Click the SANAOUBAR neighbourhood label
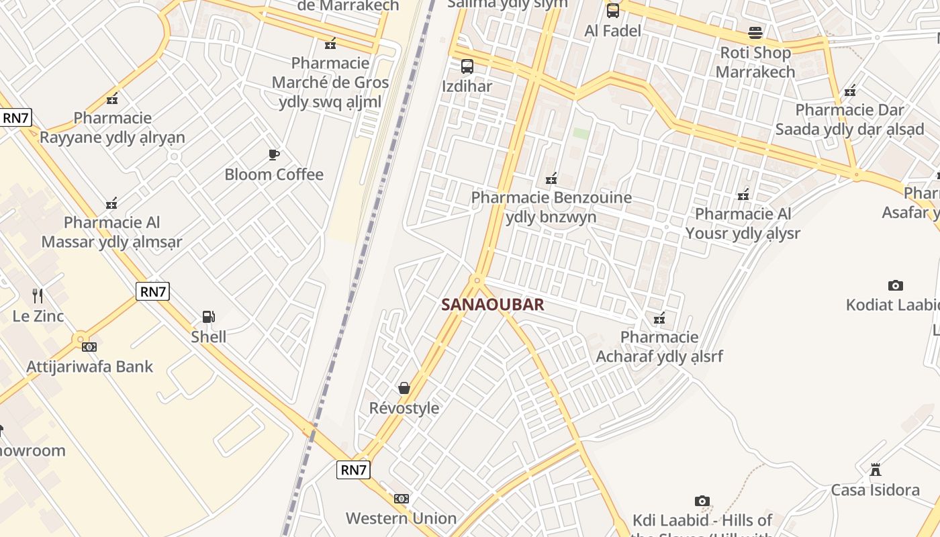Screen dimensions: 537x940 492,305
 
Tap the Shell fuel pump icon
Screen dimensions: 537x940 209,317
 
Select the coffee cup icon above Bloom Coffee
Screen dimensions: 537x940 274,155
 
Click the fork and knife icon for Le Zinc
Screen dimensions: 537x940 38,295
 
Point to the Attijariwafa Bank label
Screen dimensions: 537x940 89,367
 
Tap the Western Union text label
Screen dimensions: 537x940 401,518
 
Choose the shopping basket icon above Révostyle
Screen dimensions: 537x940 404,388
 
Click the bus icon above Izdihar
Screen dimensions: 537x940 467,66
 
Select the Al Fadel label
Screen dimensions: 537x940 612,31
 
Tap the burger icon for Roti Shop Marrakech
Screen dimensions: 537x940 755,33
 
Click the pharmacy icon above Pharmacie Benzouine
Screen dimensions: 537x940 551,179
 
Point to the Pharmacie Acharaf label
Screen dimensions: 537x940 659,346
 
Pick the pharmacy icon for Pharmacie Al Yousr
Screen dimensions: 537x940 743,195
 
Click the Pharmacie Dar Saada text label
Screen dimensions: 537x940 849,119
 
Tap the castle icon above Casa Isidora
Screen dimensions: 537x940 876,470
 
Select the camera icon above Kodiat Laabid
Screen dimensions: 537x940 895,285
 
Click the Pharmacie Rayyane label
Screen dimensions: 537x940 112,128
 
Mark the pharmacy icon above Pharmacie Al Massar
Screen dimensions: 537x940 112,203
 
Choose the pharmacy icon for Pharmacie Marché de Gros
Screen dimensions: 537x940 330,44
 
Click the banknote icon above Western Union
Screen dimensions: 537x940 402,499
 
